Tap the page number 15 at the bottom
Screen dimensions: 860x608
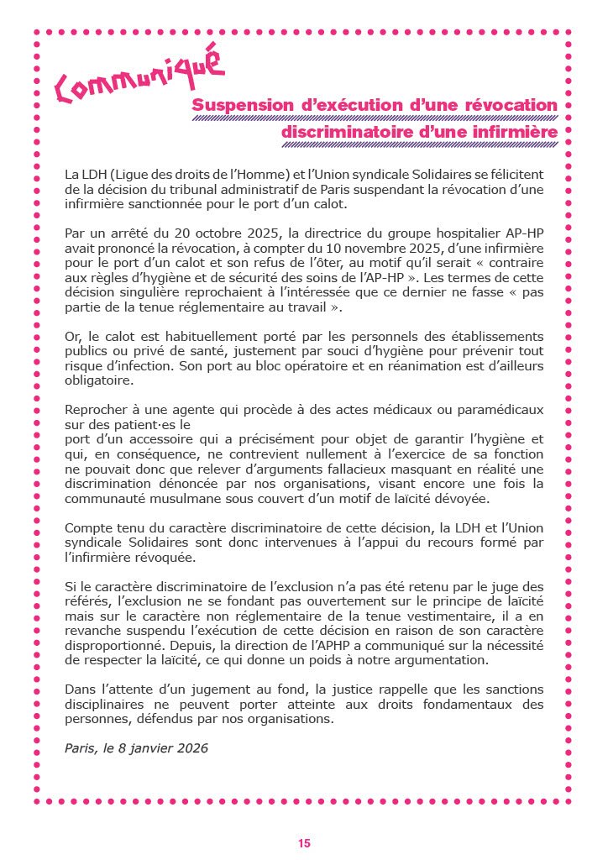(x=304, y=842)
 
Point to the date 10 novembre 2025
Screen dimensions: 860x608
(x=356, y=249)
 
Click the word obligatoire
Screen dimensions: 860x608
(x=99, y=380)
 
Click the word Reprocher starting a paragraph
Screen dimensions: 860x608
(x=97, y=409)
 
